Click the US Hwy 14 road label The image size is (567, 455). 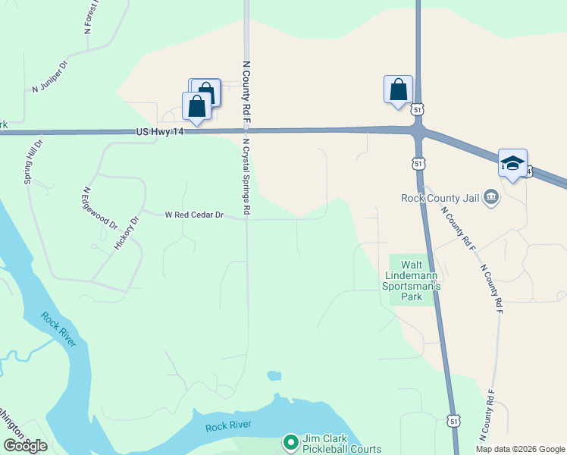pyautogui.click(x=160, y=132)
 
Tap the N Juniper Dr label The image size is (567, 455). pyautogui.click(x=50, y=77)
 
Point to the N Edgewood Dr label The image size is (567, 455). pyautogui.click(x=100, y=208)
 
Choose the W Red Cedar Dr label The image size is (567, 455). pyautogui.click(x=194, y=215)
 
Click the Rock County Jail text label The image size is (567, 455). pyautogui.click(x=440, y=198)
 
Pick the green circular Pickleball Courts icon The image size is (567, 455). pyautogui.click(x=290, y=441)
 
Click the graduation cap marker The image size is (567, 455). pyautogui.click(x=512, y=164)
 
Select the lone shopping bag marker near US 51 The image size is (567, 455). pyautogui.click(x=399, y=91)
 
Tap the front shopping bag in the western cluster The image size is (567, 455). pyautogui.click(x=197, y=107)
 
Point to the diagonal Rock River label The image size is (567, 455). pyautogui.click(x=58, y=330)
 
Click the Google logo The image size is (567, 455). pyautogui.click(x=25, y=446)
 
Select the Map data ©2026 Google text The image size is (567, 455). pyautogui.click(x=520, y=449)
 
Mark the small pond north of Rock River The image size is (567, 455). pyautogui.click(x=274, y=375)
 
